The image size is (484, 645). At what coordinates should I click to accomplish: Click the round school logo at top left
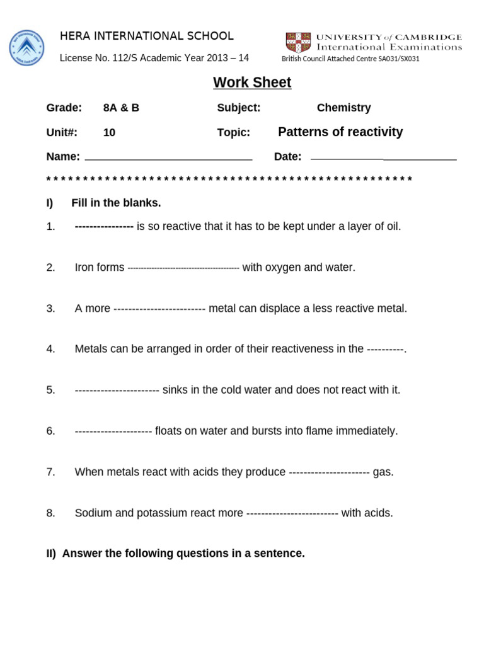click(x=26, y=48)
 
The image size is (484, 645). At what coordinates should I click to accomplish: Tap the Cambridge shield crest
click(x=298, y=42)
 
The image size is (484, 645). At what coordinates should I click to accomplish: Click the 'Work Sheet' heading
click(x=252, y=83)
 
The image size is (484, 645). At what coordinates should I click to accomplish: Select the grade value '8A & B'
click(x=121, y=108)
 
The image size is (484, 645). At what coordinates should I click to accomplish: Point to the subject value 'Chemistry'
click(x=343, y=108)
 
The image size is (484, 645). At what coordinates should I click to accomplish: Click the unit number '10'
click(x=109, y=132)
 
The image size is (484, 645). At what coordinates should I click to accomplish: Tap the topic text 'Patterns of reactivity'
click(x=340, y=132)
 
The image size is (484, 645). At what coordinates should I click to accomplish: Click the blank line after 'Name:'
click(x=168, y=159)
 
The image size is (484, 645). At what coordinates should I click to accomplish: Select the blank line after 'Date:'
click(x=383, y=159)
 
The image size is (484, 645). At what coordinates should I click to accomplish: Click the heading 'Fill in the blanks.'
click(x=116, y=203)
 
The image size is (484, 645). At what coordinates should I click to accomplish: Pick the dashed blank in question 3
click(x=159, y=309)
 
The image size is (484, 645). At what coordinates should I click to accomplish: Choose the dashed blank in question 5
click(x=117, y=391)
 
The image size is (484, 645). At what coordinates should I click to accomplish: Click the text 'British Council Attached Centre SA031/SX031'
click(x=350, y=59)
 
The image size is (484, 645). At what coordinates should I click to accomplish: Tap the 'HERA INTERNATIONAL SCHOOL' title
click(x=147, y=36)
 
